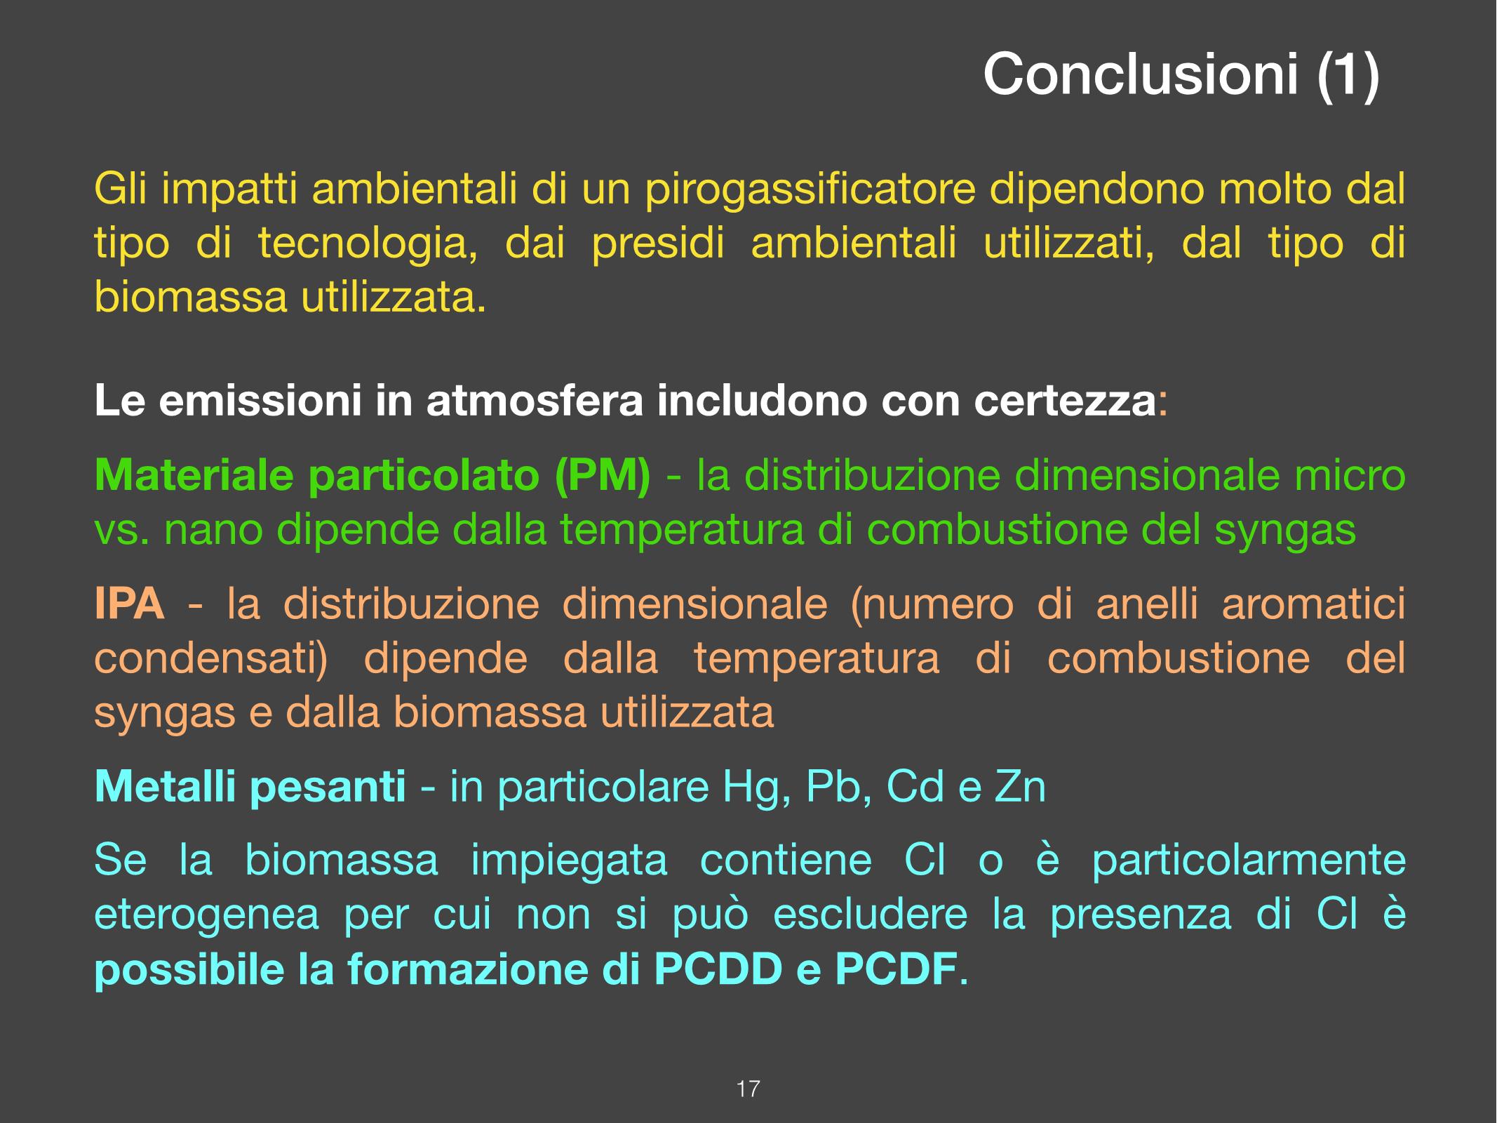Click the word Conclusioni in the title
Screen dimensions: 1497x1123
(1140, 74)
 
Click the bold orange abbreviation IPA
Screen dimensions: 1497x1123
(130, 604)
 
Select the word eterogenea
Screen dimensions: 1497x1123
(206, 917)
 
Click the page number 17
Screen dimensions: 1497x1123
(748, 1089)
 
